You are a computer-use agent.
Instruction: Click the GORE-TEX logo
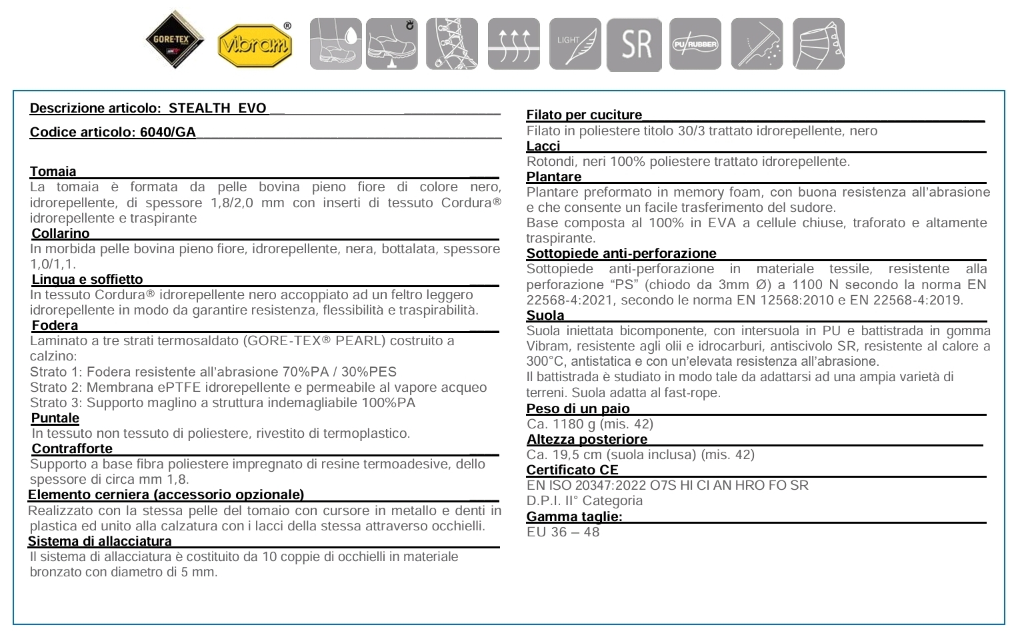click(171, 39)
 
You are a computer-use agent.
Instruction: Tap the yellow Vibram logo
click(255, 45)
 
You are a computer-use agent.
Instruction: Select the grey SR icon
click(634, 44)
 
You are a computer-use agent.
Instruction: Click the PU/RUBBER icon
click(695, 44)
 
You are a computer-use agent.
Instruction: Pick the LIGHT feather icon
click(575, 44)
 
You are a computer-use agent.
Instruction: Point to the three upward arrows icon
click(513, 44)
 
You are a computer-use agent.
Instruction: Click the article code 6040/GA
click(168, 132)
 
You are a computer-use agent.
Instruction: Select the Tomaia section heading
click(53, 171)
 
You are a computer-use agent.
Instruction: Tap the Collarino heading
click(61, 233)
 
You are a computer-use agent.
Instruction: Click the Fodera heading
click(55, 325)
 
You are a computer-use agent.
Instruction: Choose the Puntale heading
click(55, 418)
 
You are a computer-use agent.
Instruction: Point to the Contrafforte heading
click(72, 448)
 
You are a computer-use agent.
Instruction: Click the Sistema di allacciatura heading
click(100, 541)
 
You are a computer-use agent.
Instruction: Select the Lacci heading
click(543, 146)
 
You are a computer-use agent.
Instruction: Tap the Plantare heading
click(554, 177)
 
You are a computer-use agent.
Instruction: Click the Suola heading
click(545, 315)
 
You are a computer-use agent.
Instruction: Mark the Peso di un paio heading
click(578, 408)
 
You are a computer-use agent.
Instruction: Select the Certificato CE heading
click(572, 470)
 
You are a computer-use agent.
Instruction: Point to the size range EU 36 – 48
click(563, 532)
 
